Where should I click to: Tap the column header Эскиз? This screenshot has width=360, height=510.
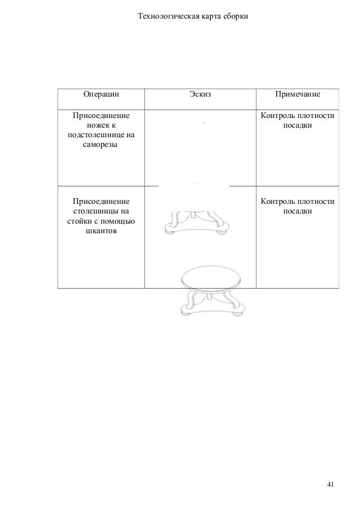coord(200,94)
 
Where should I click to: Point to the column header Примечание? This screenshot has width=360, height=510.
coord(298,94)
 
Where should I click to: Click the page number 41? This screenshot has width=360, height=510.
coord(331,485)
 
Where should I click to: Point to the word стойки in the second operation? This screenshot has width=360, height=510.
coord(78,221)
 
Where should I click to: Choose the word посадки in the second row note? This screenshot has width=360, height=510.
coord(298,211)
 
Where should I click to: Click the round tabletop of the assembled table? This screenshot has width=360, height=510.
coord(212,276)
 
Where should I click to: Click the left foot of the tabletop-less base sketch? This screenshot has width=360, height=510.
coord(168,229)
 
